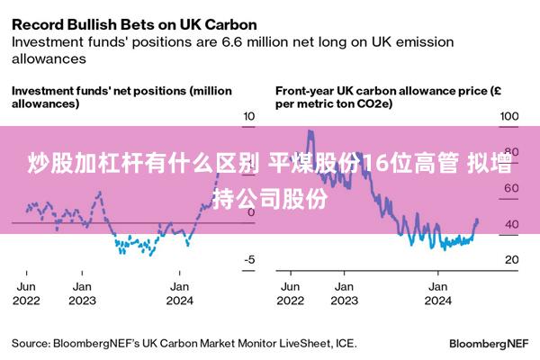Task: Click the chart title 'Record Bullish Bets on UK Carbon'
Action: (x=134, y=23)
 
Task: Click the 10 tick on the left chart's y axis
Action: (x=250, y=117)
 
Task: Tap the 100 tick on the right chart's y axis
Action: (x=509, y=117)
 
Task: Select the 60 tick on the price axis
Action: (x=511, y=189)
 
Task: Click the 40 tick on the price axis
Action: (x=511, y=224)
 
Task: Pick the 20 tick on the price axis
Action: (x=511, y=260)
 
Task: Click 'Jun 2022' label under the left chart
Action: (x=27, y=294)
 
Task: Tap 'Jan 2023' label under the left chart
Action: (x=83, y=294)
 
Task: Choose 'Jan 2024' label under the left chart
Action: (x=180, y=294)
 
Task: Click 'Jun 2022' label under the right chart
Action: (x=291, y=294)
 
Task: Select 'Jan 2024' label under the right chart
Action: (x=437, y=294)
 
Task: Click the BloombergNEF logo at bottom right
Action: (x=488, y=344)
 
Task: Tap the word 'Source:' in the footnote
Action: (x=31, y=343)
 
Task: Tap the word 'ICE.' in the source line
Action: (x=344, y=343)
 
